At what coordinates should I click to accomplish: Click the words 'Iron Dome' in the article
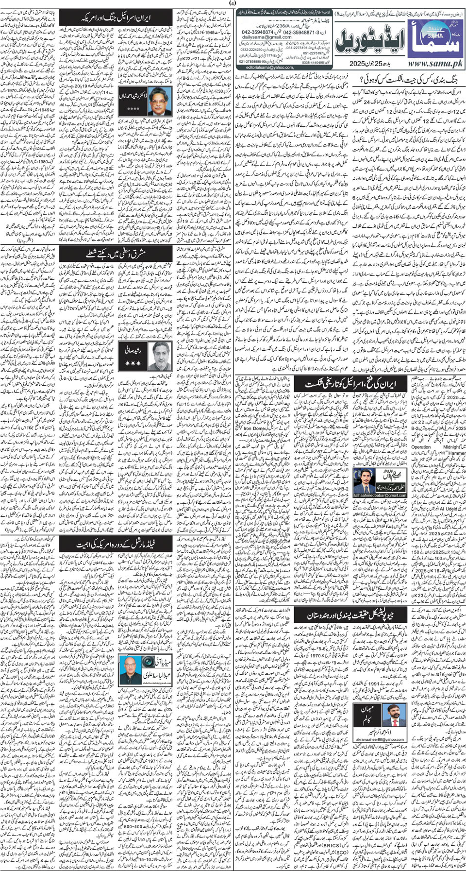pos(255,428)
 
